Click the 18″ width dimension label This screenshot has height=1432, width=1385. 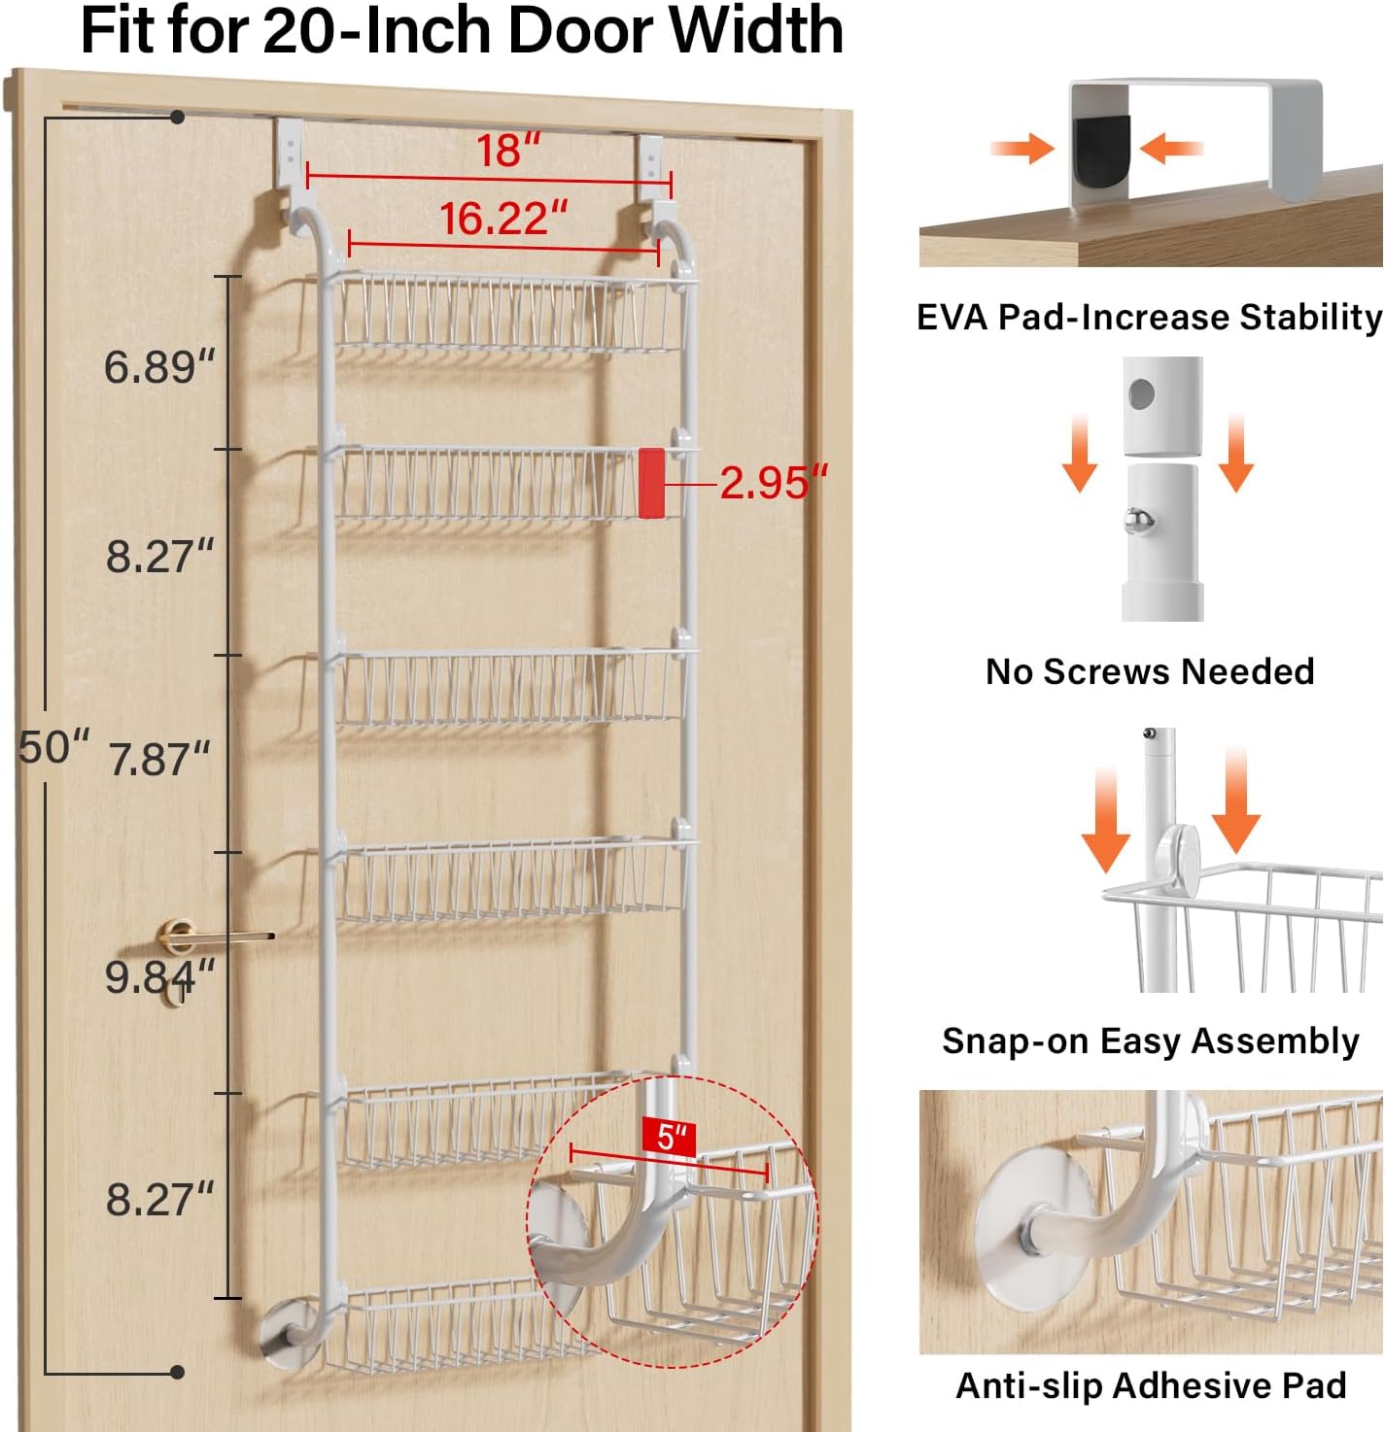click(507, 151)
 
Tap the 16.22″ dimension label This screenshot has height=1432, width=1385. click(503, 219)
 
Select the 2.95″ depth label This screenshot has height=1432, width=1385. click(773, 483)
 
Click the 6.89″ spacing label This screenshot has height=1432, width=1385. click(159, 366)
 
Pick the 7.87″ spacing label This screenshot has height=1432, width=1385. click(159, 759)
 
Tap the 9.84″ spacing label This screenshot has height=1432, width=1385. click(159, 977)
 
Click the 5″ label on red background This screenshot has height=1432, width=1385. click(668, 1137)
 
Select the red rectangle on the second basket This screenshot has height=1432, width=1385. click(651, 483)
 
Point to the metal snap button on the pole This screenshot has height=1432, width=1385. click(1138, 522)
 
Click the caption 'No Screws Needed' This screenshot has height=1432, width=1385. click(1150, 672)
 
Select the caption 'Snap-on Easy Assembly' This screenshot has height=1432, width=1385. click(1150, 1041)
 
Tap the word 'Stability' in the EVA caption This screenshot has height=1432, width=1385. click(1310, 317)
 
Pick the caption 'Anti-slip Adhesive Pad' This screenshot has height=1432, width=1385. click(1151, 1386)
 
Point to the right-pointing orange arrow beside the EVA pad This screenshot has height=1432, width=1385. click(1022, 149)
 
